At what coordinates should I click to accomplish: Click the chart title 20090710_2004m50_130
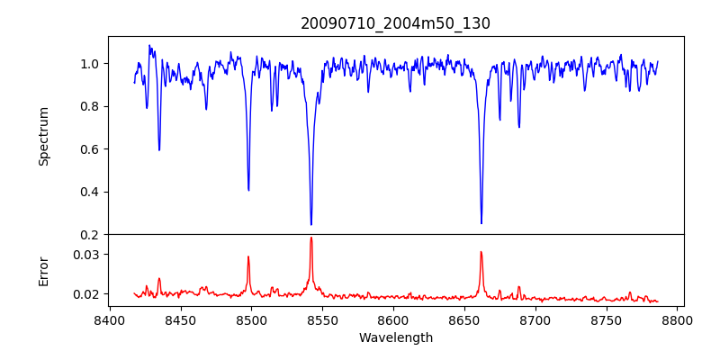395,23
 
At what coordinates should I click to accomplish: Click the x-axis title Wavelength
395,337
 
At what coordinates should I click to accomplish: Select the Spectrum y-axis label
43,136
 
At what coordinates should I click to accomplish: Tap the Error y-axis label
43,271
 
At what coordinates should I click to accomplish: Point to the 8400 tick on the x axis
109,319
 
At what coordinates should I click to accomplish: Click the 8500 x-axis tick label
251,319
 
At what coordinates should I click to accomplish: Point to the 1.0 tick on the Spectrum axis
90,64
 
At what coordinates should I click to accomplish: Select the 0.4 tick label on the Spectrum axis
90,192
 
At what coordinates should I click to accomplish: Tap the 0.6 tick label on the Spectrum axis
90,149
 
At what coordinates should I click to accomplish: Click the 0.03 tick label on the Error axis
86,255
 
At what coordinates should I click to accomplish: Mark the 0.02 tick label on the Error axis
86,294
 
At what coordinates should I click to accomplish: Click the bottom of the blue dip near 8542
311,224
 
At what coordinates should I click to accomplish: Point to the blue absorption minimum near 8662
481,223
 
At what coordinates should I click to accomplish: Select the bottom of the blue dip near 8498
248,190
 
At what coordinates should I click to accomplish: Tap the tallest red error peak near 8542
311,238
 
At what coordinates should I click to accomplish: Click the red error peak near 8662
481,252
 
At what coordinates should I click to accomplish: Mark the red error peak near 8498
248,256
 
